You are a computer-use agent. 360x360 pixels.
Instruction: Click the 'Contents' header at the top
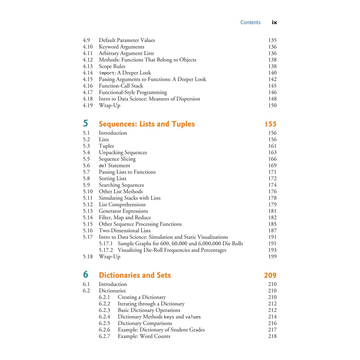point(250,22)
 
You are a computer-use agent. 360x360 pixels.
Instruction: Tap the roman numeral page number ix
point(274,22)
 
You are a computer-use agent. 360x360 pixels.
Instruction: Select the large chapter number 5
point(86,123)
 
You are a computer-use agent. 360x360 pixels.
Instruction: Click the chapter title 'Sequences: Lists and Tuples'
point(147,124)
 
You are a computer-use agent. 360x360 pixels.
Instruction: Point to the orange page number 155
point(270,124)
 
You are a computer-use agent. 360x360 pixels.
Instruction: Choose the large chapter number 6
point(86,275)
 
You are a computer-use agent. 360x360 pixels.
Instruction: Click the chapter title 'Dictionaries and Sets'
point(135,275)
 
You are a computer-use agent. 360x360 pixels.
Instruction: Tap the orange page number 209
point(270,275)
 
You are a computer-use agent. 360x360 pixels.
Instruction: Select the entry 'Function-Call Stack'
point(121,86)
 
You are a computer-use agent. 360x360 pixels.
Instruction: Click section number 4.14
point(88,73)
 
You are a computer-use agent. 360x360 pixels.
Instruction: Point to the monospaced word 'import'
point(107,73)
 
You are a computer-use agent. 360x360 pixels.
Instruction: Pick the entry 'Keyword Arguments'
point(121,47)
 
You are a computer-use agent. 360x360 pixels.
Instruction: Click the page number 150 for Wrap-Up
point(272,105)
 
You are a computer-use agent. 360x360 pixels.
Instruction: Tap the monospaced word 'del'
point(103,166)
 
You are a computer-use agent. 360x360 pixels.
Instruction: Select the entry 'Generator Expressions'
point(123,211)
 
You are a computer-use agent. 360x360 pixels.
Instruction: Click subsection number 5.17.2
point(106,250)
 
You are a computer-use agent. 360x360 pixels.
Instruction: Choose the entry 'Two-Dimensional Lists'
point(124,231)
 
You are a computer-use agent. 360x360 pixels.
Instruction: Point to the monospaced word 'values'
point(193,317)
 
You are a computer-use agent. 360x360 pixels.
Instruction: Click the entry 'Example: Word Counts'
point(144,336)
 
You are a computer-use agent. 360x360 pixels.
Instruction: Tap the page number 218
point(272,336)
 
